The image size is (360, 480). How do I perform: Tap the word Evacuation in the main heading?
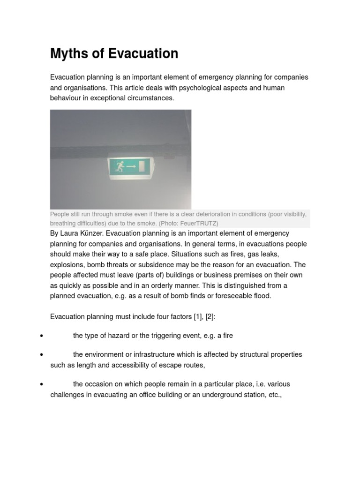pos(143,54)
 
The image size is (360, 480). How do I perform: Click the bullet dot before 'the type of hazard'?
pos(42,336)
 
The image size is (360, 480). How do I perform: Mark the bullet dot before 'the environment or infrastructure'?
pos(42,354)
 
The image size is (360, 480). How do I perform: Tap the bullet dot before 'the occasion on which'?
pos(42,384)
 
